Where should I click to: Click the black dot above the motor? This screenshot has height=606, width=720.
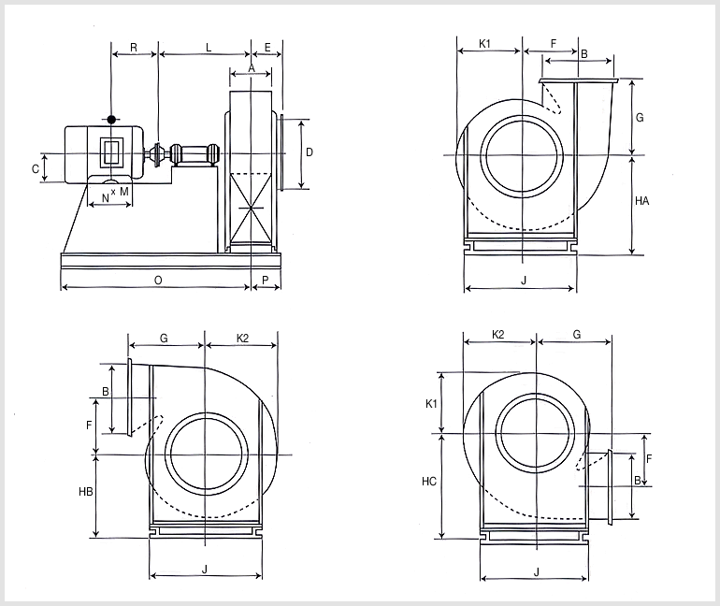click(111, 120)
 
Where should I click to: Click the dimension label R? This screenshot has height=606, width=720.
click(134, 48)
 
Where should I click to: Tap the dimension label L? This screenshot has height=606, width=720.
click(209, 48)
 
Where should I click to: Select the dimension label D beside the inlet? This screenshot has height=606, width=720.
click(310, 151)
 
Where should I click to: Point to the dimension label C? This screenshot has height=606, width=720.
click(36, 169)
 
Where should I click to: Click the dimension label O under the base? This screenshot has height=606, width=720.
click(158, 280)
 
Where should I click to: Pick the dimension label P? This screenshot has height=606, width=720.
click(266, 280)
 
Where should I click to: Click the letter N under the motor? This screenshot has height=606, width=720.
click(105, 198)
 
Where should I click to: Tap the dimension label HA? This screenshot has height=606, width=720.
click(642, 201)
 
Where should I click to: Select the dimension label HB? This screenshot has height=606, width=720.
click(86, 492)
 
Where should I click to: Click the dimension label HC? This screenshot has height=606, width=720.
click(429, 481)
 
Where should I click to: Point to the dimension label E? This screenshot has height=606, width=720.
click(267, 48)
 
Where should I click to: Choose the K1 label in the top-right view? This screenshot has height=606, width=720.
click(485, 44)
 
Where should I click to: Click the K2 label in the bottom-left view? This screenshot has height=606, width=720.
click(242, 339)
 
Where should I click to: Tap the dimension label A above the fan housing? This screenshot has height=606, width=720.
click(252, 68)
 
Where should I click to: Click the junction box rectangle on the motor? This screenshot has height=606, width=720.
click(111, 151)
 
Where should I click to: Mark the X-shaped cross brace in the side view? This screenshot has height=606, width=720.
click(252, 208)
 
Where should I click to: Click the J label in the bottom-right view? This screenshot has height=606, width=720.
click(537, 572)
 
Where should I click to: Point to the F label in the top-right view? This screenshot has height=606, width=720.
click(554, 43)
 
